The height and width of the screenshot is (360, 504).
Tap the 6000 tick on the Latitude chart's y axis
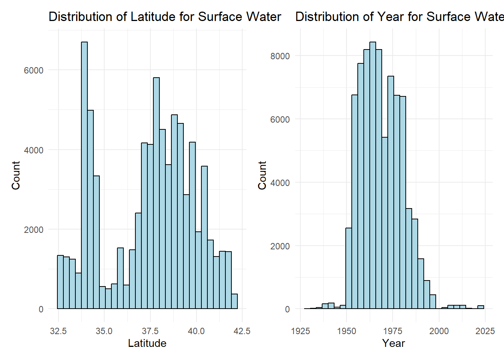point(34,70)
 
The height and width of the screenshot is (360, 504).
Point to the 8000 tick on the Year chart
point(280,56)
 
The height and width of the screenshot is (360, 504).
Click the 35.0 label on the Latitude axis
point(104,331)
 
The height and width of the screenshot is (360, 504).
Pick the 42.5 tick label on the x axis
point(242,331)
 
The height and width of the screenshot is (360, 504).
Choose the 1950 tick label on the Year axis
point(346,331)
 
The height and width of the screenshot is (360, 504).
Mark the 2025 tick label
point(485,331)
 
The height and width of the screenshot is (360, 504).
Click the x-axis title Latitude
point(147,343)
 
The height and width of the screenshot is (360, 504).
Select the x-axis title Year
point(393,343)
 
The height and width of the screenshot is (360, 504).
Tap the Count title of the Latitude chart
point(16,175)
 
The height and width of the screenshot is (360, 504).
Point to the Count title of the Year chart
point(262,175)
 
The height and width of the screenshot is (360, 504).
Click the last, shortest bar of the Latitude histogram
point(234,301)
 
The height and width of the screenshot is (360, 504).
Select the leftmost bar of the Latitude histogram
point(60,282)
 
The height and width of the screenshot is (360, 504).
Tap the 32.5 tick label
point(58,331)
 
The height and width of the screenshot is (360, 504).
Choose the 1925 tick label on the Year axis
point(300,331)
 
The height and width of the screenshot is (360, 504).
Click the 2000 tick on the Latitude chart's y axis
point(34,229)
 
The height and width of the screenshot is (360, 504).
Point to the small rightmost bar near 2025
point(481,307)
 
